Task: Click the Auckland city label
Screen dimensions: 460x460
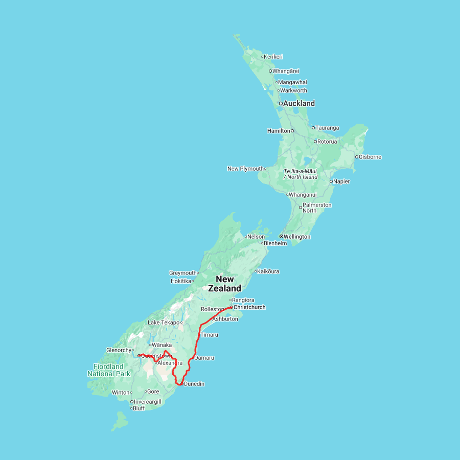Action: (x=300, y=103)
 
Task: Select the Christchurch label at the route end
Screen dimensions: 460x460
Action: (x=249, y=307)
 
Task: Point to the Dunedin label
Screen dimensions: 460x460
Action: (x=194, y=384)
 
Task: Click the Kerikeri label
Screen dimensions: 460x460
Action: (x=273, y=57)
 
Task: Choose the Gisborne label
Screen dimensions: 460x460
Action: (x=370, y=157)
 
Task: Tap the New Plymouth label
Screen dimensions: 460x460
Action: (x=245, y=169)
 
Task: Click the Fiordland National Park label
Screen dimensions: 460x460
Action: (x=108, y=370)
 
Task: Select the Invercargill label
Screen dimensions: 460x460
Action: (x=148, y=402)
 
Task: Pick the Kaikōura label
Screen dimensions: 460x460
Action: (x=268, y=271)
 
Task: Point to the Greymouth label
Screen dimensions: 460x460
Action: (x=183, y=273)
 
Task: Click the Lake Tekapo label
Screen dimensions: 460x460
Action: (x=163, y=323)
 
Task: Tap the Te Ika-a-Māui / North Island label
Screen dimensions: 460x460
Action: (x=301, y=174)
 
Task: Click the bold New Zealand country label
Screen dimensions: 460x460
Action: (x=224, y=284)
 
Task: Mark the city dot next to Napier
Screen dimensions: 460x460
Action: (x=331, y=181)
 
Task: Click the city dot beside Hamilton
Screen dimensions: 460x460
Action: (x=292, y=131)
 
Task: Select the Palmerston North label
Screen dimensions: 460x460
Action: (x=317, y=208)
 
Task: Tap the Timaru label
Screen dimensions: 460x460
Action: (x=210, y=335)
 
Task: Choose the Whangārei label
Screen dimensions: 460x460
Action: (x=286, y=71)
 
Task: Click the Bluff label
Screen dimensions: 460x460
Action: (x=139, y=408)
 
